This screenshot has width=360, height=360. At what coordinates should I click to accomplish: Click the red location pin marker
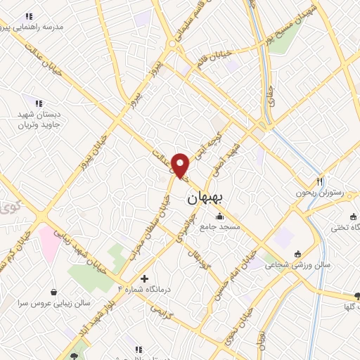point(181,166)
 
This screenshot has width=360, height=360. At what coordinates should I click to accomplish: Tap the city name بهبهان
point(205,199)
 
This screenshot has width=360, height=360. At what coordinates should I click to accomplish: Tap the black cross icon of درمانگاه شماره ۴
point(145,279)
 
